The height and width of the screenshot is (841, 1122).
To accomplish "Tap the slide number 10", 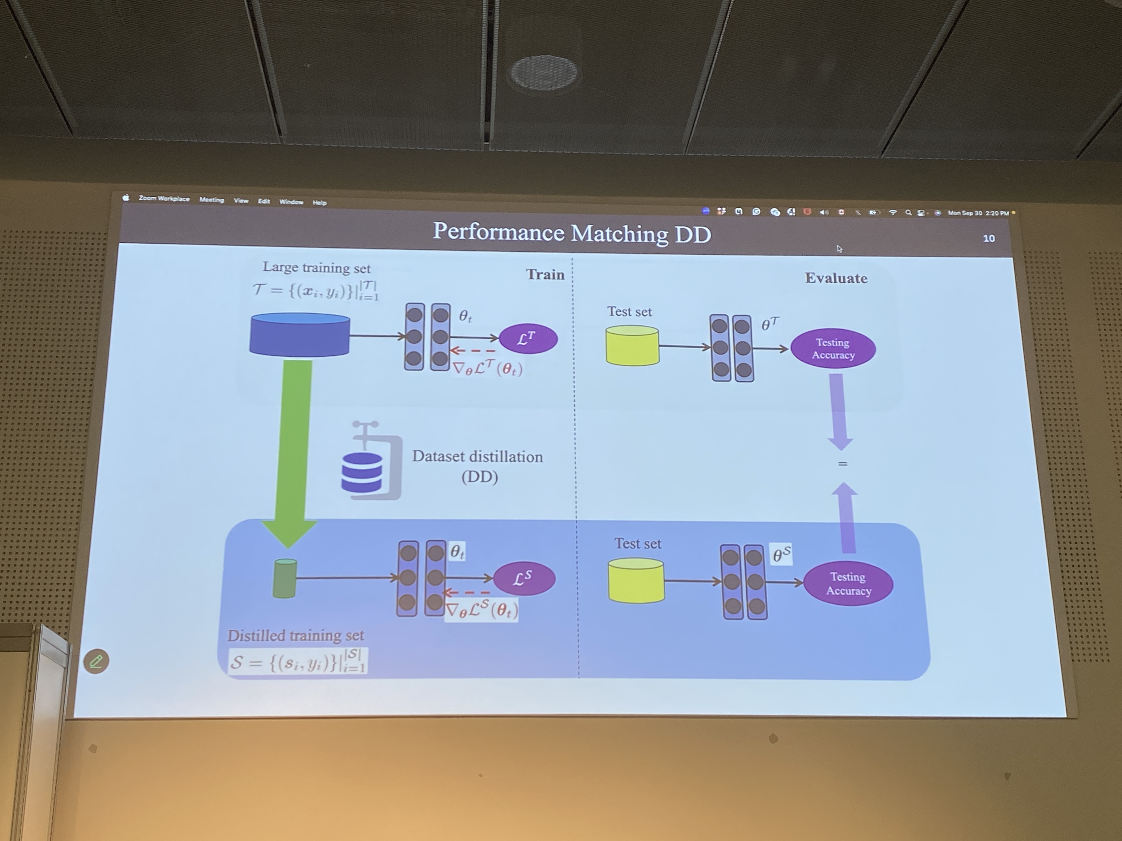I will point(989,238).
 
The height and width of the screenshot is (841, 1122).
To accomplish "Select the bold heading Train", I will point(545,275).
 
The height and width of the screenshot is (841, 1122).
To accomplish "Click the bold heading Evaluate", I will point(836,278).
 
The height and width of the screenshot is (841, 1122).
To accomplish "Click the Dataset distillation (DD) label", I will point(477,466).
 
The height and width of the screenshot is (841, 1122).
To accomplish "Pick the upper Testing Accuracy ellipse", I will point(833,349).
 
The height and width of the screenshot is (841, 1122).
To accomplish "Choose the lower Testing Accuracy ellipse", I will point(848,584).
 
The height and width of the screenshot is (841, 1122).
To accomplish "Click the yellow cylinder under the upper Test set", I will point(632,346).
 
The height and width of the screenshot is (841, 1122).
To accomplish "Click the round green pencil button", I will point(96,661).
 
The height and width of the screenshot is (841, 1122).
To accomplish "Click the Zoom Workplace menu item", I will point(164,199).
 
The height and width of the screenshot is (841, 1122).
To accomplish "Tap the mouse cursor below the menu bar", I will point(840,249).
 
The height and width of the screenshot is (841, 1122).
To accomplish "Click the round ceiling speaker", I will point(543,73).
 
